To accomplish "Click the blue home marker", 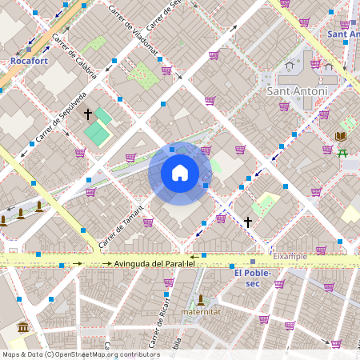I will pyautogui.click(x=179, y=173).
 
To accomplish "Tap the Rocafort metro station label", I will pyautogui.click(x=30, y=60).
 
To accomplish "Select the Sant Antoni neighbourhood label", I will pyautogui.click(x=297, y=91).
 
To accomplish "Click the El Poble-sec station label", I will pyautogui.click(x=253, y=278).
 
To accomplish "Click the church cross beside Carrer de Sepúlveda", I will pyautogui.click(x=88, y=114).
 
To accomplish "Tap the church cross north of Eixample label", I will pyautogui.click(x=248, y=222).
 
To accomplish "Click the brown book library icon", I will pyautogui.click(x=325, y=114).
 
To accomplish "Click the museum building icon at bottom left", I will pyautogui.click(x=22, y=328).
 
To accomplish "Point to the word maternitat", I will pyautogui.click(x=200, y=311).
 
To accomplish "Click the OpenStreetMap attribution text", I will pyautogui.click(x=81, y=354).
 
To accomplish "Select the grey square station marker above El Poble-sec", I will pyautogui.click(x=253, y=262).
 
